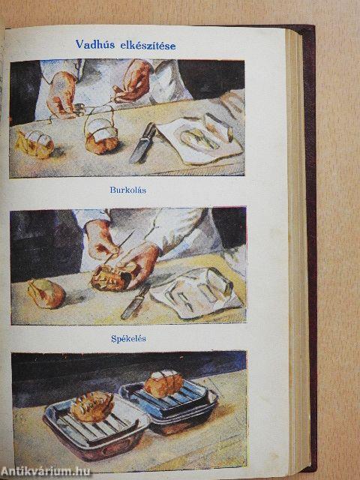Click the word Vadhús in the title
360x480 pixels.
point(95,44)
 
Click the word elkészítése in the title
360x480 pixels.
point(148,46)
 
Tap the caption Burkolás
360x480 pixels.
point(128,190)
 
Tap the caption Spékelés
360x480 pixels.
point(128,339)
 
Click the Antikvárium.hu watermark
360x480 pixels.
point(45,472)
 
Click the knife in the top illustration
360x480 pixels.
point(142,143)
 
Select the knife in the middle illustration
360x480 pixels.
point(135,302)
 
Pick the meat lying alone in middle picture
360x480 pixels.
point(46,293)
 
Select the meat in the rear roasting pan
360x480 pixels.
point(163,383)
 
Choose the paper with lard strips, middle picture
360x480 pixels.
point(196,292)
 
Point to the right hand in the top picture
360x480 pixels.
point(133,81)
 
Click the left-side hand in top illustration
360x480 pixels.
point(63,95)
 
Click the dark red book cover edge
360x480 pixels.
point(312,245)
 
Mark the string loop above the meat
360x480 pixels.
point(100,118)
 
